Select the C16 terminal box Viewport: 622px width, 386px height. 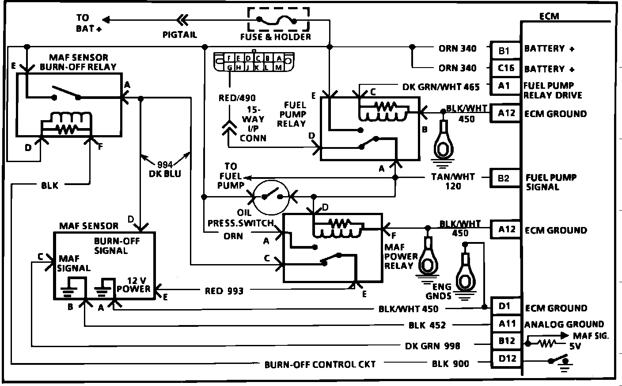pos(505,68)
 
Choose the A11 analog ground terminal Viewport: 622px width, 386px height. pos(507,324)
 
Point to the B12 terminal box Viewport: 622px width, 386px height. pos(507,341)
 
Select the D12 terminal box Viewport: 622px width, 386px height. pos(507,359)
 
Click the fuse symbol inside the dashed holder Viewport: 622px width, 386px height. pos(278,20)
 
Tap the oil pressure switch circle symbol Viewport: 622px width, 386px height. pos(271,195)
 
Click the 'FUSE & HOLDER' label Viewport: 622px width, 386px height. pos(275,37)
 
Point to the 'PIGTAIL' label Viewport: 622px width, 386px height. pos(179,34)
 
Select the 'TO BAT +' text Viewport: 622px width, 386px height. pos(88,23)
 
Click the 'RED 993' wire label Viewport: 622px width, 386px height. pos(224,291)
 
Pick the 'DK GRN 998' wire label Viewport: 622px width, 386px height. pos(432,346)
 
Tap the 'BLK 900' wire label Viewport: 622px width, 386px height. pos(450,363)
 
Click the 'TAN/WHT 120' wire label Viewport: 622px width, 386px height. pos(453,181)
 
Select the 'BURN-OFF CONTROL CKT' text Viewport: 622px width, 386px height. pos(320,364)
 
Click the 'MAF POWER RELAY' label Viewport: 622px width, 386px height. pos(401,257)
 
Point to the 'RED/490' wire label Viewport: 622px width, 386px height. pos(237,98)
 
